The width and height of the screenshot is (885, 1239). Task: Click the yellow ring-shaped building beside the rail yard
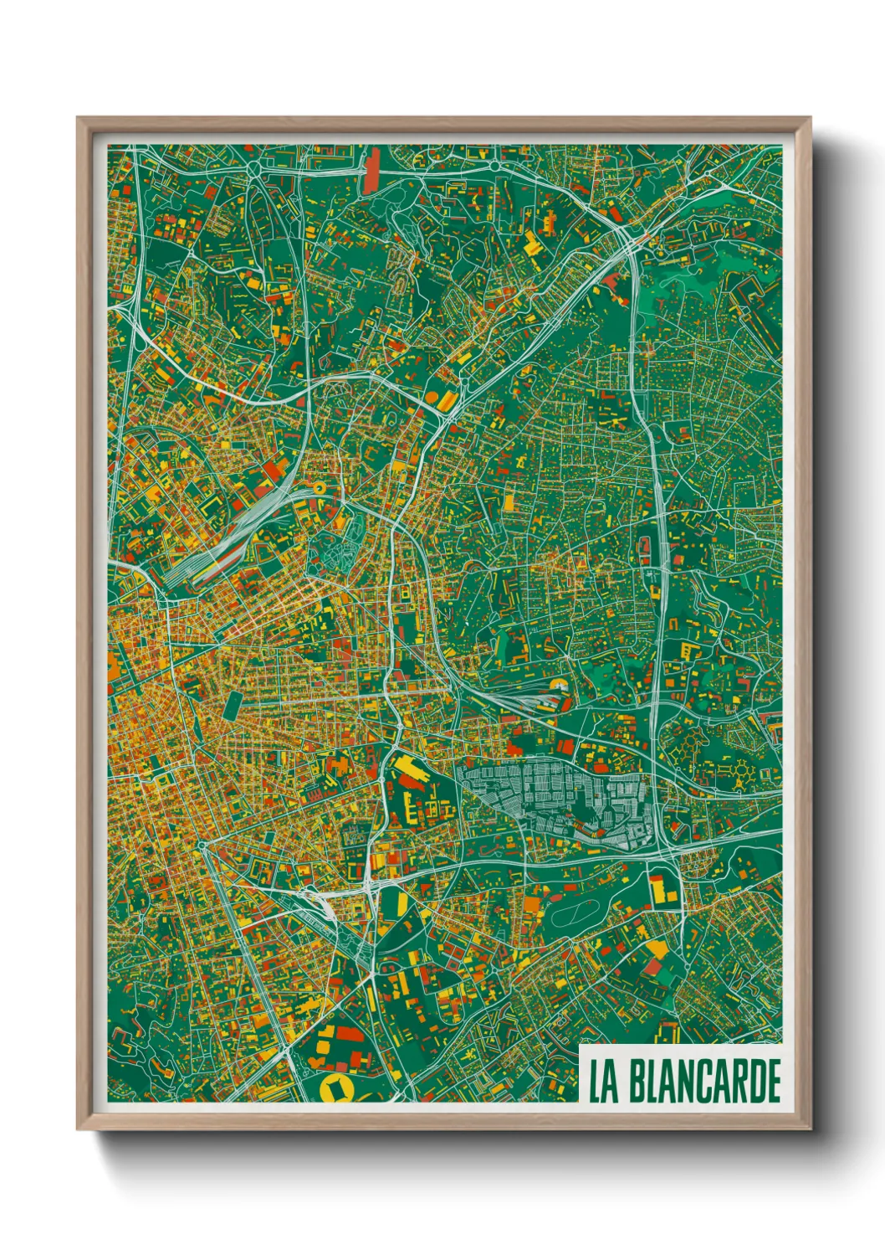tap(319, 486)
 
